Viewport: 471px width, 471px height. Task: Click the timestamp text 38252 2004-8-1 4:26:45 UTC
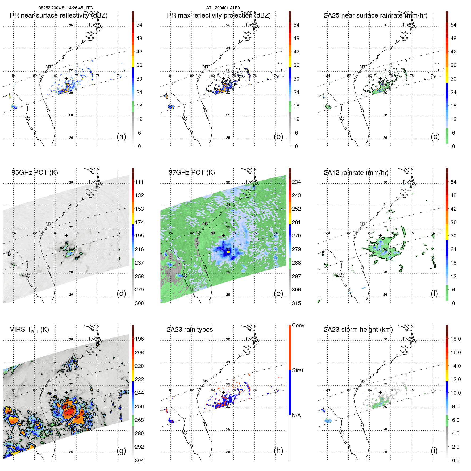65,8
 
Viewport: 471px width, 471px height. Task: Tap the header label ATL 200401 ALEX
223,8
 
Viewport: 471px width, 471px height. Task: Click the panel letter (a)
121,136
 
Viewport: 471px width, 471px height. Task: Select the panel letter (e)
278,293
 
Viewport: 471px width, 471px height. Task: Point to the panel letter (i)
434,451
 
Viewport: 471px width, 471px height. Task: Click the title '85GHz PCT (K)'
35,172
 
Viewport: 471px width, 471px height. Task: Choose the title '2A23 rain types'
190,330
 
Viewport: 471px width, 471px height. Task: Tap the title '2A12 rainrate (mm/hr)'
356,172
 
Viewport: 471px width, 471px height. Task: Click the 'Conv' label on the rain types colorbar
298,325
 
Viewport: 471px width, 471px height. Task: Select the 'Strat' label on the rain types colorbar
297,370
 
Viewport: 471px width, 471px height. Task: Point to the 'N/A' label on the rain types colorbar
296,415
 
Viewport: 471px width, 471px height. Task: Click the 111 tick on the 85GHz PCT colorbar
139,182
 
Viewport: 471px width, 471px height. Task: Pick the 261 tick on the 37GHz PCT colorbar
296,222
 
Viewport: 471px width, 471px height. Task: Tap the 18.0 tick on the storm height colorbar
455,339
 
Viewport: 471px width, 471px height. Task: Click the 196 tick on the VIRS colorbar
139,339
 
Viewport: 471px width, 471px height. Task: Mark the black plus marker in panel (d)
66,235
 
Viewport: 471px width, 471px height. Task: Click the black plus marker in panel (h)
223,392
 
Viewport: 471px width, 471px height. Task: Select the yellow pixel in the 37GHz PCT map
228,251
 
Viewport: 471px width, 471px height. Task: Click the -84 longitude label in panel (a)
13,76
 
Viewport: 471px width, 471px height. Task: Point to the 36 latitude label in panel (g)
71,339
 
